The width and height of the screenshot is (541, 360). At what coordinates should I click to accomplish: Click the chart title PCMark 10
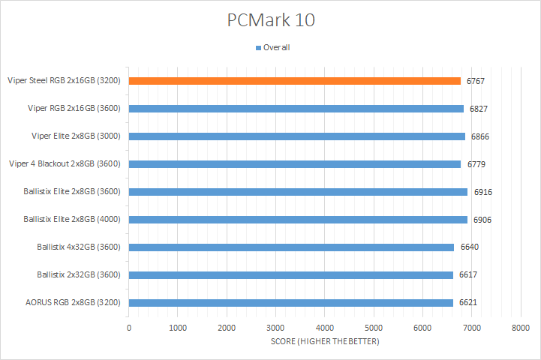(271, 20)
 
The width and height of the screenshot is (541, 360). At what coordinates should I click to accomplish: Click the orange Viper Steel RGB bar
(294, 80)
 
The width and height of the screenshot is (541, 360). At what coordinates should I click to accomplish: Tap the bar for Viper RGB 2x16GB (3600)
(296, 108)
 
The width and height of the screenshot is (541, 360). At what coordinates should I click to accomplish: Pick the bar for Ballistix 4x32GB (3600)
(291, 247)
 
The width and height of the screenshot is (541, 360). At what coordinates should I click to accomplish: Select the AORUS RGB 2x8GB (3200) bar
(290, 302)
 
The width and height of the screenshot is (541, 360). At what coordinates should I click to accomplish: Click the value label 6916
(482, 192)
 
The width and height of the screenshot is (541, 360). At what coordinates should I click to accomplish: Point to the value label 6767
(476, 81)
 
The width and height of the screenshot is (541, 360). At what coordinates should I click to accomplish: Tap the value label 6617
(468, 274)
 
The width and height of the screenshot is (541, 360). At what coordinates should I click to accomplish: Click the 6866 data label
(480, 136)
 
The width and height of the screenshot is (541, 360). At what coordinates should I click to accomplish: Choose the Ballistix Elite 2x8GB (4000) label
(73, 219)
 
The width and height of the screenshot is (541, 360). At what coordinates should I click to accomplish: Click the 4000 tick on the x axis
(324, 328)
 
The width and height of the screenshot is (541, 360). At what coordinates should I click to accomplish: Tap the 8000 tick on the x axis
(520, 328)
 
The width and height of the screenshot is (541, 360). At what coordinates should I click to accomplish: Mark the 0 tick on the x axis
(129, 328)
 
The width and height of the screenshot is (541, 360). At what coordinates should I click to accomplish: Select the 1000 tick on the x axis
(178, 328)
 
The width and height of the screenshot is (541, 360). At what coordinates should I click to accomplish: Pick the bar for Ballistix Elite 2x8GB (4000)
(298, 219)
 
